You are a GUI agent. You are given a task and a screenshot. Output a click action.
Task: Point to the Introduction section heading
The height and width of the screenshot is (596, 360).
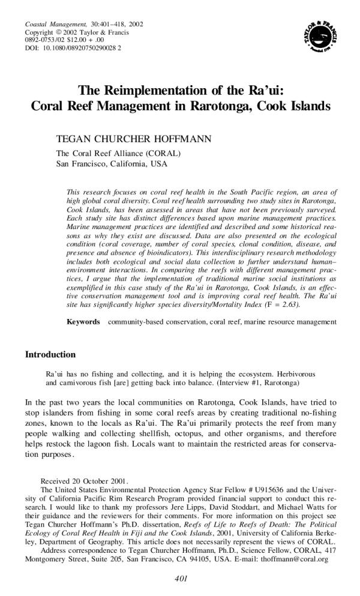(x=50, y=354)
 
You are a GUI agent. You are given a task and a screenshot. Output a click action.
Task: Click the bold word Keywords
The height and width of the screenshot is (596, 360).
(x=83, y=322)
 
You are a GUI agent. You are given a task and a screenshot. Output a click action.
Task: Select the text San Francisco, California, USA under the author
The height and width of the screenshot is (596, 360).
(x=112, y=163)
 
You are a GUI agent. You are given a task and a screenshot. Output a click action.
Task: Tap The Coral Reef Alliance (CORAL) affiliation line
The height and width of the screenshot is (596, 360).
(x=118, y=153)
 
